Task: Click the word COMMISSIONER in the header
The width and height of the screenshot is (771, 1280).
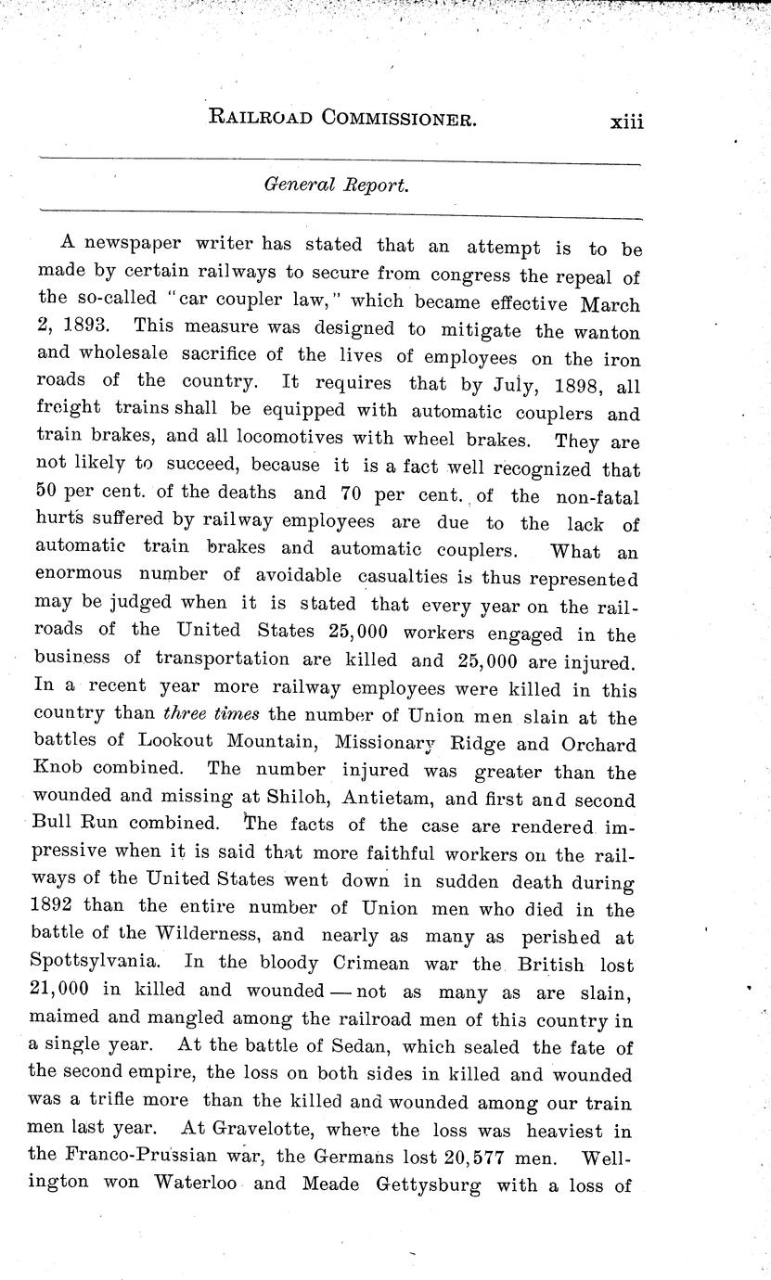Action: click(x=392, y=118)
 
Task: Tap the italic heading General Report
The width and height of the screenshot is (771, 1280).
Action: click(x=335, y=184)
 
